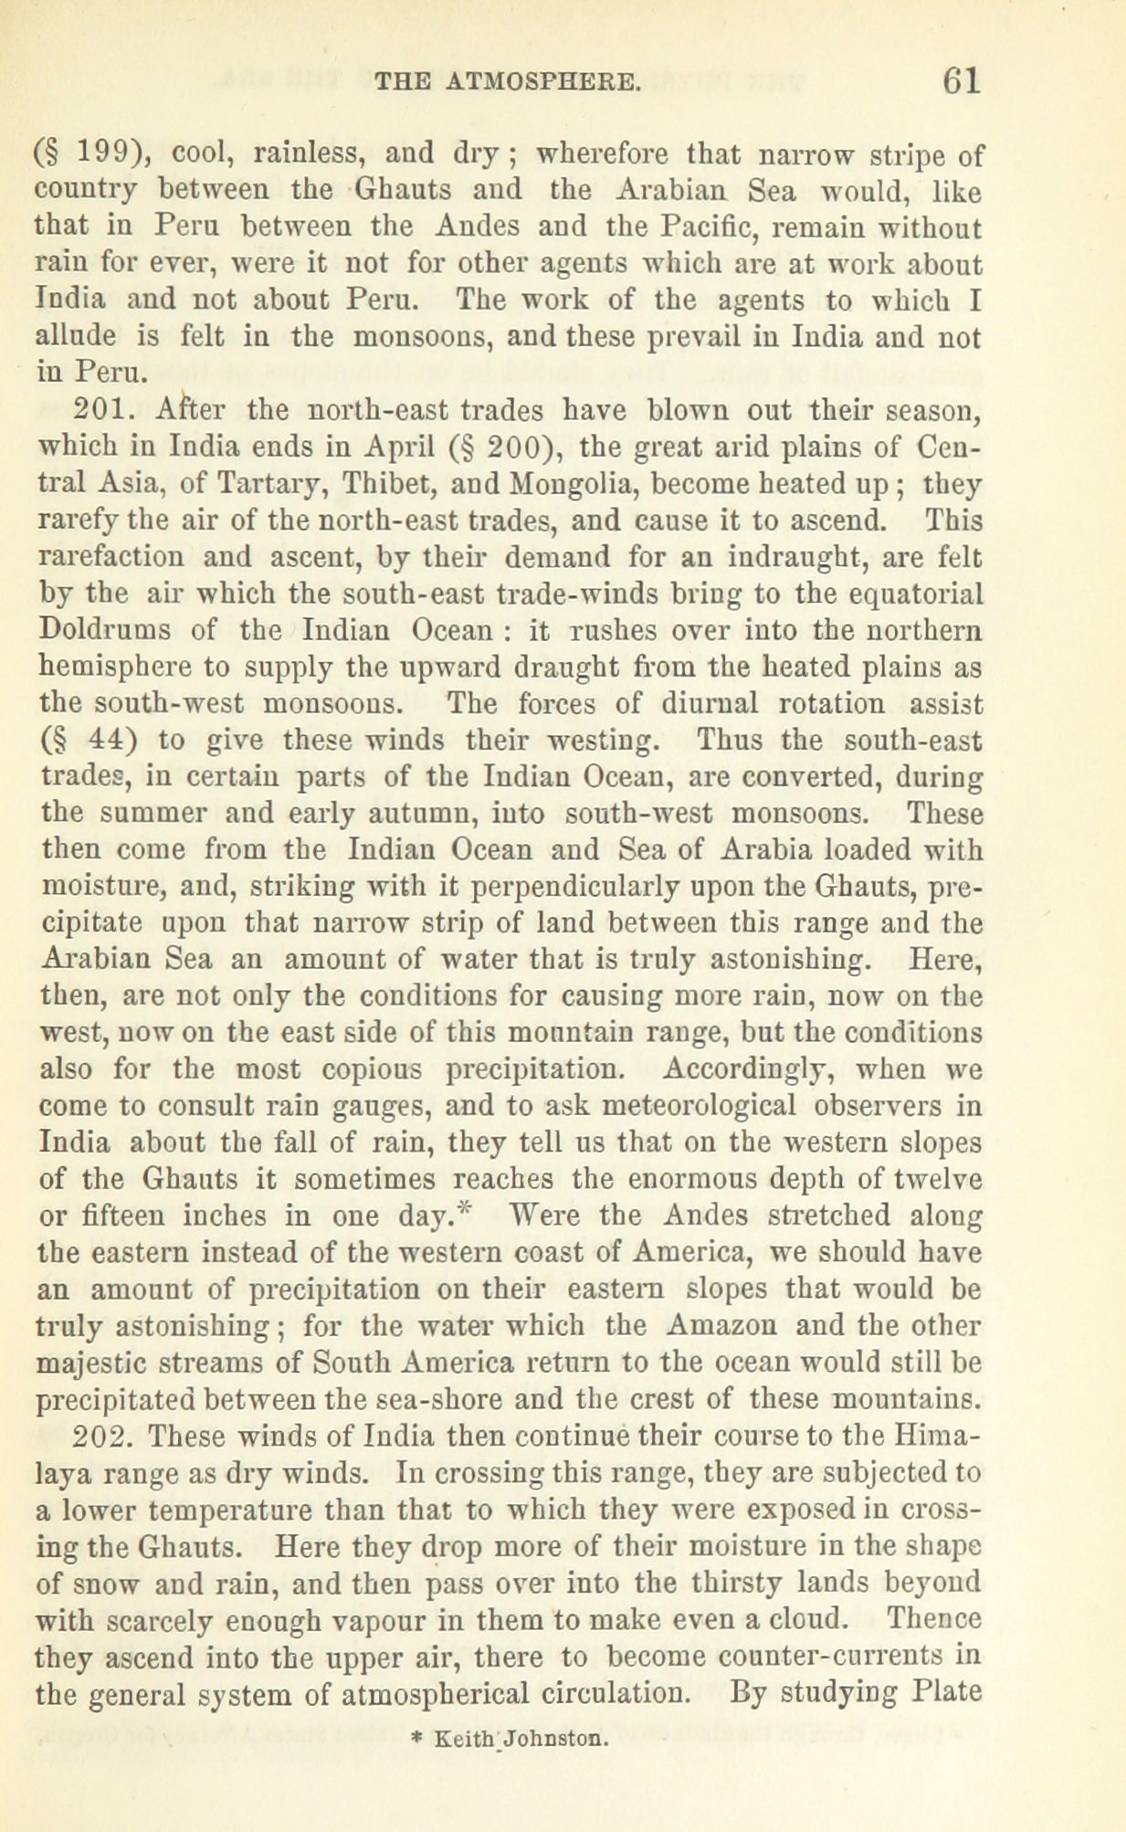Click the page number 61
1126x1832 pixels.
(x=962, y=80)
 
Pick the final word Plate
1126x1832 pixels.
(x=946, y=1692)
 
